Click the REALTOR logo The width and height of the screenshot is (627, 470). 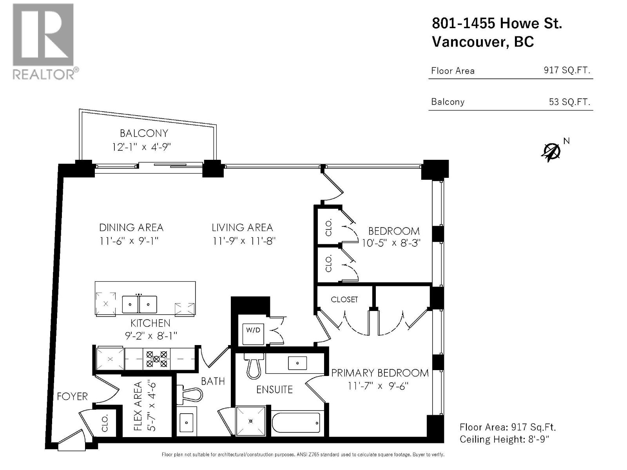coord(45,42)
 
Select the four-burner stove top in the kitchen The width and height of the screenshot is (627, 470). coord(156,359)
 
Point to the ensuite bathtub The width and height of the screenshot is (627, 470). coord(295,423)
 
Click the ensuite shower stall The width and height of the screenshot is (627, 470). coord(251,421)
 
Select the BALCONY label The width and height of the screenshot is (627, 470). coord(144,133)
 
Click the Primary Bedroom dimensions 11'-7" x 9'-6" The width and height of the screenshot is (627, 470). coord(378,386)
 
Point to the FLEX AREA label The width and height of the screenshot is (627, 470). coord(138,406)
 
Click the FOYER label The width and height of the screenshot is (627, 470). coord(72,396)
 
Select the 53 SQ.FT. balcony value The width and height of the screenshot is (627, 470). coord(569,102)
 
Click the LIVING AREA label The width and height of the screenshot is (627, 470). coord(242,228)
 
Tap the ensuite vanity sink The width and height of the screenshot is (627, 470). coord(297,363)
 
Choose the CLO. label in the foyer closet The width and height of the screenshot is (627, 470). coord(105,423)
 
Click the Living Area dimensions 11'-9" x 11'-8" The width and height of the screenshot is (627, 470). coord(244,241)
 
